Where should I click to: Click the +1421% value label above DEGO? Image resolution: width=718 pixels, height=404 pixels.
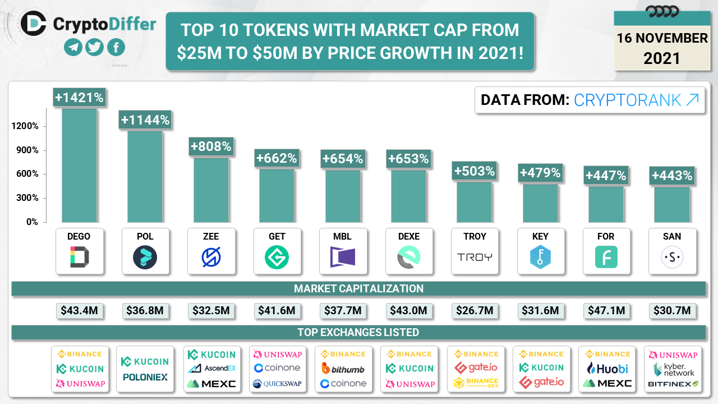(79, 98)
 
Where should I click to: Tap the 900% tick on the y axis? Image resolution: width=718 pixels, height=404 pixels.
(27, 150)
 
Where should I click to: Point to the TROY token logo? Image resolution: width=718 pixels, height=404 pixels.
(475, 257)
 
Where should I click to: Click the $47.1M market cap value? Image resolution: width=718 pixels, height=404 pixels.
(606, 310)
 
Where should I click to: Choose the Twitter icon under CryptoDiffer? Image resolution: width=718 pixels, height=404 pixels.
(95, 47)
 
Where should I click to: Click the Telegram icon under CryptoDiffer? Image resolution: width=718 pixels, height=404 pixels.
(73, 47)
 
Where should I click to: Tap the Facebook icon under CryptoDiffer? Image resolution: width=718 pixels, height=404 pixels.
(116, 47)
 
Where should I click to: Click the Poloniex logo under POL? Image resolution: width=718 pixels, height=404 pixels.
(145, 377)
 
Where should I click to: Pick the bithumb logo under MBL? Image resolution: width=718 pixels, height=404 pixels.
(343, 369)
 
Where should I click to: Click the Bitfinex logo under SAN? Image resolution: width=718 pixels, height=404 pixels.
(673, 384)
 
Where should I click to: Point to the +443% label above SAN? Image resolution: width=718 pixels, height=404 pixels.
(671, 176)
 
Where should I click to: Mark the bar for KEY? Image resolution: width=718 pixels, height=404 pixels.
(540, 203)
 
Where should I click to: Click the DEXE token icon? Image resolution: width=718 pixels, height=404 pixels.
(409, 258)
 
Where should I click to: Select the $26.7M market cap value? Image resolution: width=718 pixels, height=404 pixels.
(475, 310)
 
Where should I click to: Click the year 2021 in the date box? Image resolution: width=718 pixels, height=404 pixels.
(662, 58)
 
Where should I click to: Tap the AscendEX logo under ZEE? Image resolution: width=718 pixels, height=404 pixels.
(212, 369)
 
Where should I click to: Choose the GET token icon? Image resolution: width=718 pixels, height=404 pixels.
(277, 258)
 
